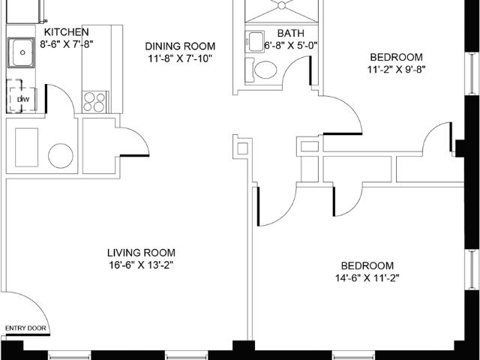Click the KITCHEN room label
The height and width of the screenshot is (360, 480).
(x=67, y=32)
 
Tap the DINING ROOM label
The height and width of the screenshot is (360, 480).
(x=180, y=45)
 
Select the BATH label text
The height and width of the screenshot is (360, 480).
(x=290, y=33)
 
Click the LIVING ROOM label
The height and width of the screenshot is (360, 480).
(x=141, y=253)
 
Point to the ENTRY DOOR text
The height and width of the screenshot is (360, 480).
(x=25, y=328)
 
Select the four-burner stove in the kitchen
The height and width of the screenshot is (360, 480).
(x=94, y=101)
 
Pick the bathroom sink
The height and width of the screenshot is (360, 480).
(x=256, y=42)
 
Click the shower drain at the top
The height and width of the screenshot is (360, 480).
(x=283, y=5)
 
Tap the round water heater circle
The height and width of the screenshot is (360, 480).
(x=60, y=156)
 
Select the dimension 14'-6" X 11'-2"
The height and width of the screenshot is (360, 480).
(x=367, y=278)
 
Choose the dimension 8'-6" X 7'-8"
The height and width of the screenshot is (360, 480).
(x=67, y=44)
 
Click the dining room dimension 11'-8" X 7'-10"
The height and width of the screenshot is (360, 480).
(x=180, y=57)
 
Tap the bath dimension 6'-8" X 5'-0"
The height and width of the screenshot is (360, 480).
(x=290, y=45)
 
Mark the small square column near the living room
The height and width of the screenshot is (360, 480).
(x=241, y=148)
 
